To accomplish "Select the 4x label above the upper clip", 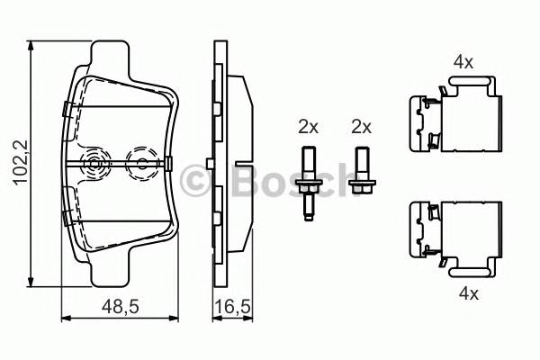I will (463, 62).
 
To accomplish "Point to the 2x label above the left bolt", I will (309, 127).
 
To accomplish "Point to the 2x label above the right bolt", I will (362, 127).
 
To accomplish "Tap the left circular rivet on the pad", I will (93, 163).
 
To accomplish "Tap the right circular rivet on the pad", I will (141, 163).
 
